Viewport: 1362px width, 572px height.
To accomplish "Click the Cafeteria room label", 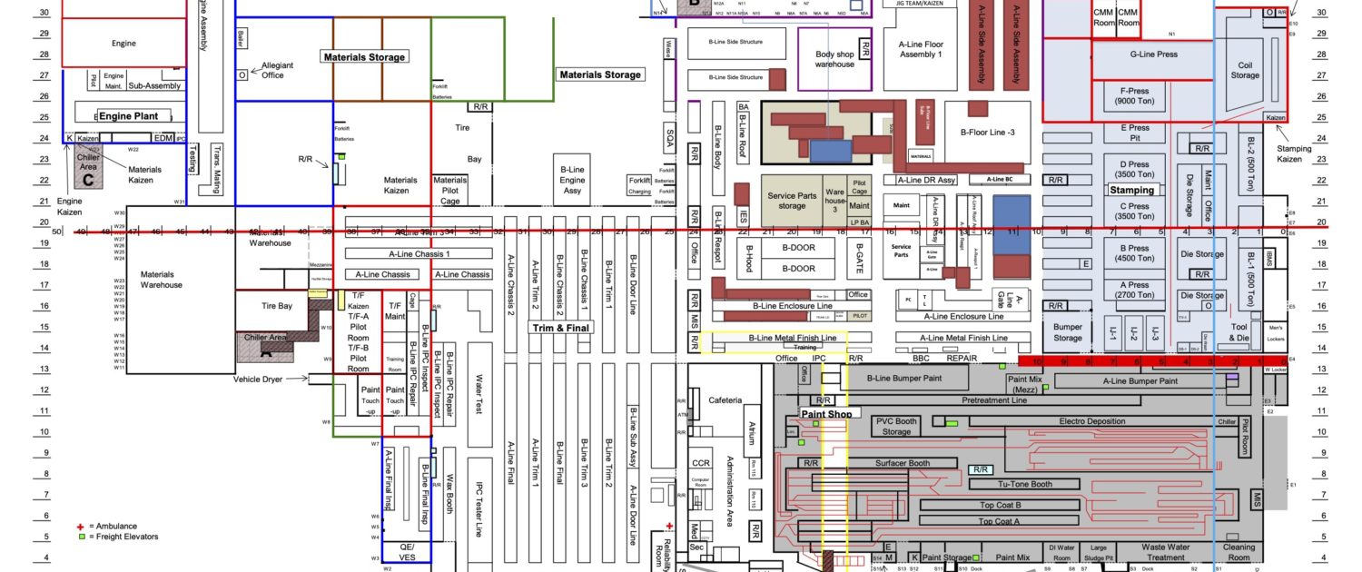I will [725, 400].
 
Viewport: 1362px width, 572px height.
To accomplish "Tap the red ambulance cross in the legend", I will [80, 526].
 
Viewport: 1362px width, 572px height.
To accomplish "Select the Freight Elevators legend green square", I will [80, 537].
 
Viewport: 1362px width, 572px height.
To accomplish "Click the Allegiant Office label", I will [272, 70].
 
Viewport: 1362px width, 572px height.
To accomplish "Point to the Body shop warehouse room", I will [834, 59].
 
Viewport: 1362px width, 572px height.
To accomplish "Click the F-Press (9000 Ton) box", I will [1135, 96].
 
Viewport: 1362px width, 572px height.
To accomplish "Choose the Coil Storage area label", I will [1245, 70].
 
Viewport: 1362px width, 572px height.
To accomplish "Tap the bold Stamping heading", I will [1131, 190].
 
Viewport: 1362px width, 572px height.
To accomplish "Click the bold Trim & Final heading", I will [556, 328].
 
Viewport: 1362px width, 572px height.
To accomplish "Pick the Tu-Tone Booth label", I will [1025, 484].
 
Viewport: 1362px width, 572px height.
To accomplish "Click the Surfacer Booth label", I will [903, 463].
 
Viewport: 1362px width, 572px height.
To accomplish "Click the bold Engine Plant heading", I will [128, 116].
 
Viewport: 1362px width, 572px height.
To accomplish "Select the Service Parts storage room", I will [792, 200].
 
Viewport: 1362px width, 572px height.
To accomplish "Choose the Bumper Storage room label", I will [1068, 331].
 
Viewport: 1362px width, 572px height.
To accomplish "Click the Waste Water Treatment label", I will [1166, 552].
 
